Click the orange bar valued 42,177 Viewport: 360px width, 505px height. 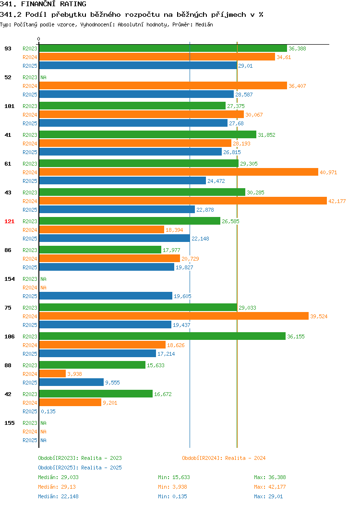(x=183, y=201)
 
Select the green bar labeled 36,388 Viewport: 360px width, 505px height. (x=163, y=48)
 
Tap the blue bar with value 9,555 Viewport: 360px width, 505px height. (x=72, y=382)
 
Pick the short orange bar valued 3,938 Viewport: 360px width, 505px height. (x=52, y=373)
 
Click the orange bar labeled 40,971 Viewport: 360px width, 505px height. (x=179, y=172)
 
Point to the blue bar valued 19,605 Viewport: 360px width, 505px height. (x=106, y=296)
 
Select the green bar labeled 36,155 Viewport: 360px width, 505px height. (x=162, y=336)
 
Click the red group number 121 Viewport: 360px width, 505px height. (x=9, y=221)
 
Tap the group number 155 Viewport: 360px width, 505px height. (x=9, y=423)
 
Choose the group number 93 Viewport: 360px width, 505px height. (x=8, y=48)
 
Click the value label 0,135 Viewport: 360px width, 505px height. (x=48, y=411)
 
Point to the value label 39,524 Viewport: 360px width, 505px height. (x=319, y=316)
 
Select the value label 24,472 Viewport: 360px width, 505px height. (x=216, y=181)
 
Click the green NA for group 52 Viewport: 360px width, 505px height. (x=44, y=77)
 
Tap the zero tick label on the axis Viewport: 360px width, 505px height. (x=39, y=39)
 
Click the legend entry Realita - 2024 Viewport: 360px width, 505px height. (x=224, y=458)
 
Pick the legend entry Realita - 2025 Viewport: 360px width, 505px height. (x=80, y=468)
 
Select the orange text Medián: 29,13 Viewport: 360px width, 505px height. (x=57, y=487)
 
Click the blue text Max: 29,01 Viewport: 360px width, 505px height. (x=268, y=496)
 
